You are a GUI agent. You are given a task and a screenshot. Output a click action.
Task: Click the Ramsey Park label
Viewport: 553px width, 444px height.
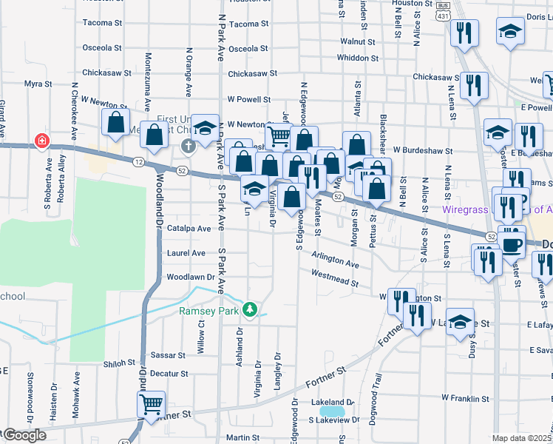[209, 311]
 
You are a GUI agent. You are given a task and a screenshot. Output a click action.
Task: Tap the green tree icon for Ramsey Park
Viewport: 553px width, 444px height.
[251, 310]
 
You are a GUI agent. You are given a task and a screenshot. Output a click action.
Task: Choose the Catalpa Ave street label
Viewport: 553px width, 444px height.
[190, 229]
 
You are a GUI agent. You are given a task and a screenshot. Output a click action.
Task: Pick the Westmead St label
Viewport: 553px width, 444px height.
[335, 278]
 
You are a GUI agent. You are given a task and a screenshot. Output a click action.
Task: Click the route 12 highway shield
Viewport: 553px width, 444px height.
[138, 161]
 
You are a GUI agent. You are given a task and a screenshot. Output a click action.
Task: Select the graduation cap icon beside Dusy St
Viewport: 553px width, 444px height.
[460, 321]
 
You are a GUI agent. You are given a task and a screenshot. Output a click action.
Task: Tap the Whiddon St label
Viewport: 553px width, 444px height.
[357, 58]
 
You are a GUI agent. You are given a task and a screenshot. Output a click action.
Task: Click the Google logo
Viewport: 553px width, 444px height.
[24, 435]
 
